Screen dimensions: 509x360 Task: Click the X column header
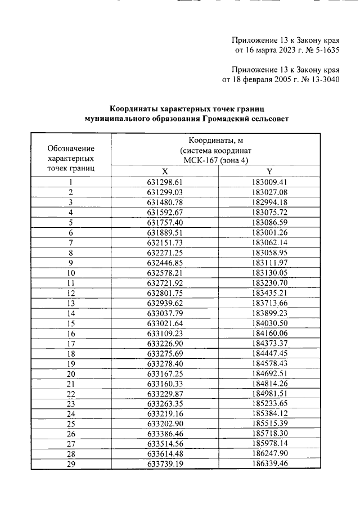164,172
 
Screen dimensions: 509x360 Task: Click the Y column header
269,172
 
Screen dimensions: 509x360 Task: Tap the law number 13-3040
322,79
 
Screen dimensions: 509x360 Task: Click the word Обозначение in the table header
71,148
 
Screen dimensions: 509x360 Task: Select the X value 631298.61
165,182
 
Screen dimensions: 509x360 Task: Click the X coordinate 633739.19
165,464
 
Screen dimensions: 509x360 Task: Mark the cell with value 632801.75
165,293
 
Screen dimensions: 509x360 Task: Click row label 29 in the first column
71,464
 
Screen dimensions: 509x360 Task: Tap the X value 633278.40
165,364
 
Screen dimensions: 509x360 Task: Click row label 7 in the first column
71,242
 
